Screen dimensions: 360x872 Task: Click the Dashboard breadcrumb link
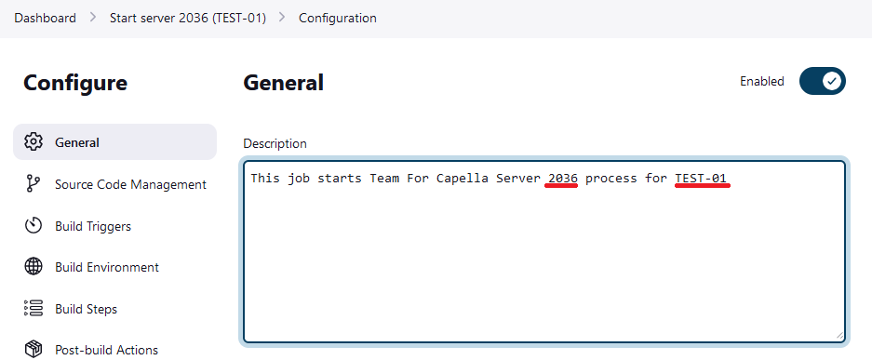45,19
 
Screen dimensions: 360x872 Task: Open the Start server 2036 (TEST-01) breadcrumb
187,19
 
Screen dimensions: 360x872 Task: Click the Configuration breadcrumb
337,19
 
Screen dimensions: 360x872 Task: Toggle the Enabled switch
822,81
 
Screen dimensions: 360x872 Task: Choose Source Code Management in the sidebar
130,184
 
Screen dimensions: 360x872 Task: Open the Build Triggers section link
93,226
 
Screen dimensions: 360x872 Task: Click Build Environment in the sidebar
107,267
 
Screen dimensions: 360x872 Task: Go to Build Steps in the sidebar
86,309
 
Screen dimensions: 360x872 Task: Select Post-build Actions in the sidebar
106,350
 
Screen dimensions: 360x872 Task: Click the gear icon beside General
34,142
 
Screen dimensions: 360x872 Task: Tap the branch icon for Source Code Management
34,184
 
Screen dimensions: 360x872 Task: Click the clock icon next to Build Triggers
34,226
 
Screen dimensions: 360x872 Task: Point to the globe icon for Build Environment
34,267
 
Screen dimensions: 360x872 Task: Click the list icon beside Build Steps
34,309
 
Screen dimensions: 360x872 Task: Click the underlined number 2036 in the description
562,178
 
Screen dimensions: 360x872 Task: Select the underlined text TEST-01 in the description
702,178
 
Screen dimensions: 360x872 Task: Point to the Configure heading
75,83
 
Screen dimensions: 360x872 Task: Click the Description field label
275,144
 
